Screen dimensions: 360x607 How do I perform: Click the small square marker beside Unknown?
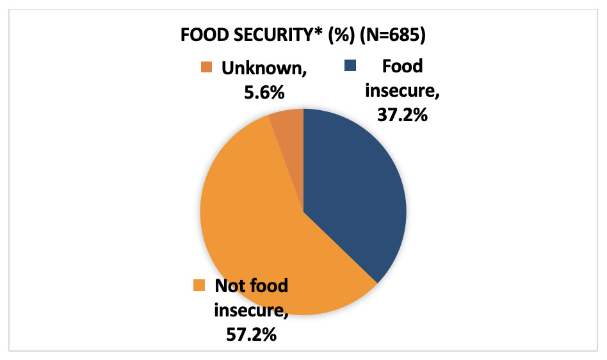(206, 67)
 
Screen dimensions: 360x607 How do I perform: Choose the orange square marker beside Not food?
(200, 284)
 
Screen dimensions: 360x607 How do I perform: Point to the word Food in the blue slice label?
(402, 66)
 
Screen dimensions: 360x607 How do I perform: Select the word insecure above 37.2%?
(401, 92)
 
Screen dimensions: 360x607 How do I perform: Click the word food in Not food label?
(269, 286)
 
